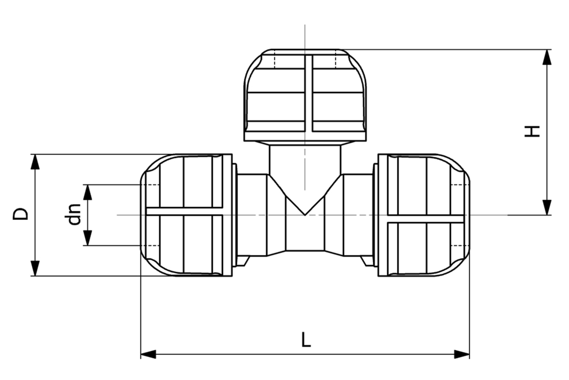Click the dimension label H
tap(532, 131)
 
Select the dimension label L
tap(306, 339)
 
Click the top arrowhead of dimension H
tap(547, 57)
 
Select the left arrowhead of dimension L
tap(148, 355)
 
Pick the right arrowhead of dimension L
tap(462, 355)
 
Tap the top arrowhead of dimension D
tap(35, 161)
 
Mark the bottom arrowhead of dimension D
tap(35, 268)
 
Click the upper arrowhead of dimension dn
tap(88, 192)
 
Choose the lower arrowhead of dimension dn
tap(88, 238)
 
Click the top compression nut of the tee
tap(305, 91)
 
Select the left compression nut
tap(186, 215)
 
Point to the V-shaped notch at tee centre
tap(305, 207)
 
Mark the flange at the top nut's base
tap(305, 136)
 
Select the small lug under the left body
tap(243, 261)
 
